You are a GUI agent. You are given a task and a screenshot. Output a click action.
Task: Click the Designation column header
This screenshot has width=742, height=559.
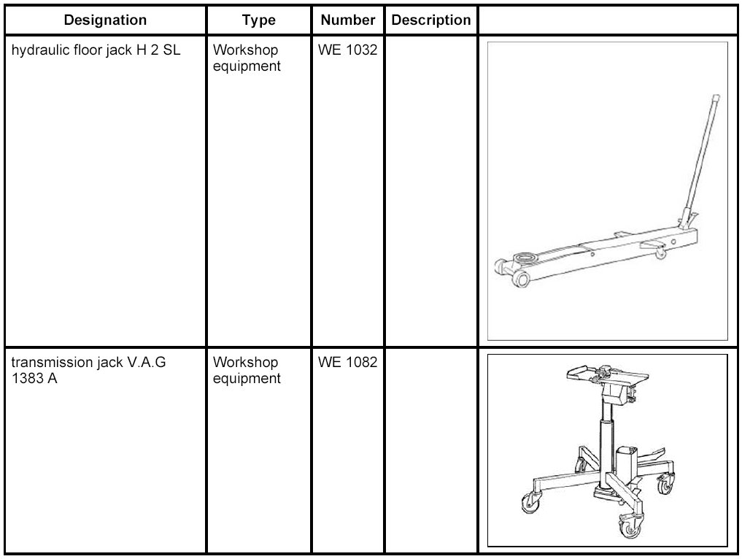105,20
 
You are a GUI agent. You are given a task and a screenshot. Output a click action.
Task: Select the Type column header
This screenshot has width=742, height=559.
258,20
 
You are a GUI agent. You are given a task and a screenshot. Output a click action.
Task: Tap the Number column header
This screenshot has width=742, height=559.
348,20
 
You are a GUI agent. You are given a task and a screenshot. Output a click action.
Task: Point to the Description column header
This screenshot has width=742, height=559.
430,20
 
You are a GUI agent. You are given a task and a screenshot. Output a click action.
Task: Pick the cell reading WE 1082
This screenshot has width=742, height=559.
348,363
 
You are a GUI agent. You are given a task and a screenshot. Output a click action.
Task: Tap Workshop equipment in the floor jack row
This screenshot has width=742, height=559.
247,59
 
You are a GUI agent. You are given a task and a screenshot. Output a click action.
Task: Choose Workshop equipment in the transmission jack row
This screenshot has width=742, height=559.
247,370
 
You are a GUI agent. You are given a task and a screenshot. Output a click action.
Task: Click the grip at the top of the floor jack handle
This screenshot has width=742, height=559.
715,100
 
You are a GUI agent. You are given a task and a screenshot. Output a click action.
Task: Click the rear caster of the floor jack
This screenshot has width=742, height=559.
660,253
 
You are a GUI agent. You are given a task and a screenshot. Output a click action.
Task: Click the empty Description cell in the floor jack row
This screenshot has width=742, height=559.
430,190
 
